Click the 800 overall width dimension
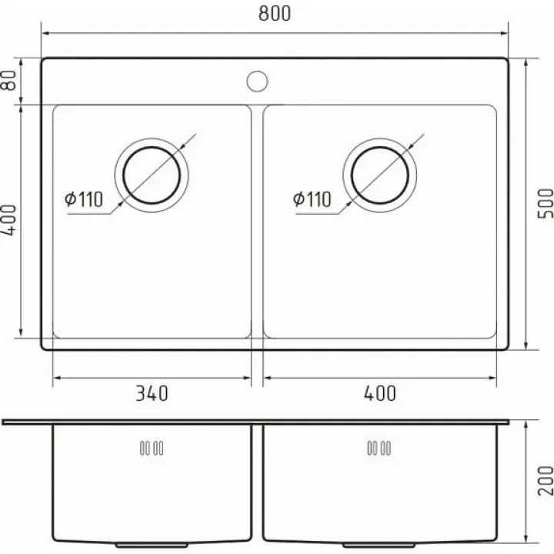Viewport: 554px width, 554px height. [275, 13]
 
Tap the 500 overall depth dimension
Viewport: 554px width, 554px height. [546, 203]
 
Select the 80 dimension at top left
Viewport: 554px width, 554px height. [8, 80]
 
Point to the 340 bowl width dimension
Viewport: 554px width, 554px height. [152, 393]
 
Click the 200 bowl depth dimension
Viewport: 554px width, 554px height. [546, 480]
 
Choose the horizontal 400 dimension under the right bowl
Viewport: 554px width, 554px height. [380, 393]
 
